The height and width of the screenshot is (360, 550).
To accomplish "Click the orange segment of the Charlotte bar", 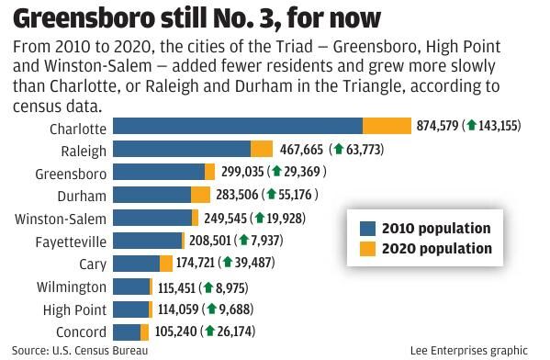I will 387,127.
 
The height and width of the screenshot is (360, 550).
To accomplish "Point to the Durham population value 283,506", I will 233,195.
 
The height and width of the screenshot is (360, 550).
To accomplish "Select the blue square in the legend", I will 367,229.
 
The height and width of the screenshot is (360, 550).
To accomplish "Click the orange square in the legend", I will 367,249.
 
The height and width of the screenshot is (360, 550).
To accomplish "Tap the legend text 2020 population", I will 437,249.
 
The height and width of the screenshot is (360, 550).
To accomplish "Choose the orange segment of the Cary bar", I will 166,264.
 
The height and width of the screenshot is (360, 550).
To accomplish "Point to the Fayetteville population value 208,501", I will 207,241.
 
